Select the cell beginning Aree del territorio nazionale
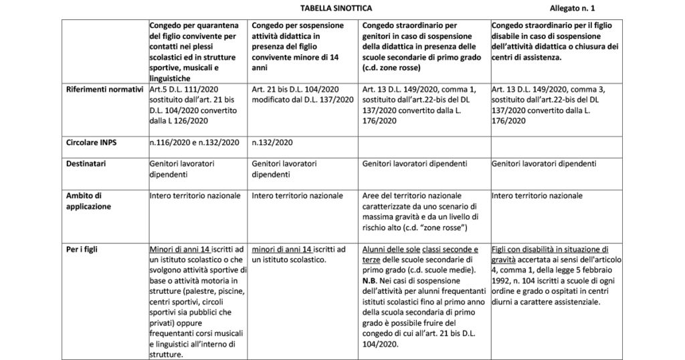422,212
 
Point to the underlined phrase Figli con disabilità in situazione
549,249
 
